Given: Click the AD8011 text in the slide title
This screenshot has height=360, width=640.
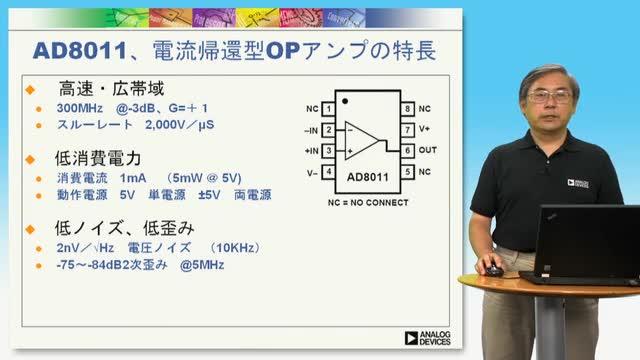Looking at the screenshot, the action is [x=80, y=51].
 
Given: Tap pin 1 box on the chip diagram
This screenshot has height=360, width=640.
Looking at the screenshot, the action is [x=329, y=109].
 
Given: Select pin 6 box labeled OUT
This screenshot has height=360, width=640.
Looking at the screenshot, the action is [x=407, y=151].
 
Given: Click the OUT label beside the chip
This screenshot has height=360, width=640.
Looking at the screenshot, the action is [x=428, y=150].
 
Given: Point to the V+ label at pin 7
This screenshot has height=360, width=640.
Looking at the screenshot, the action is [x=424, y=129].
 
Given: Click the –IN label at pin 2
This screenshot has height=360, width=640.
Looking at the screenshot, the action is [x=311, y=131].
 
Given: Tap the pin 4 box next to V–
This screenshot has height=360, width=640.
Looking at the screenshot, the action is [x=329, y=172].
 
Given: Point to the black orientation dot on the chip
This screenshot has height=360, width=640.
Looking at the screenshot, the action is [x=345, y=101].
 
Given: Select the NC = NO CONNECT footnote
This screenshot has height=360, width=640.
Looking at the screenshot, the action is [x=368, y=202].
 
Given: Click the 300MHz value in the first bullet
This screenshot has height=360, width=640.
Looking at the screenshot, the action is [x=80, y=108].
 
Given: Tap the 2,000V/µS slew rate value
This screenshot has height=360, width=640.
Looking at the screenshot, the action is [x=180, y=125].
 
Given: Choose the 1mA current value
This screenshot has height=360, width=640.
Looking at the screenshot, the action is [x=133, y=178].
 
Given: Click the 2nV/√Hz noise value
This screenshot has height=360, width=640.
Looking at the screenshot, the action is [x=85, y=248].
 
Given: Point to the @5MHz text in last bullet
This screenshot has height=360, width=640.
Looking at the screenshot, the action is [x=202, y=265].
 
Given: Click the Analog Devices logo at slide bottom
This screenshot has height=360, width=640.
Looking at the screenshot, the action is [x=427, y=338].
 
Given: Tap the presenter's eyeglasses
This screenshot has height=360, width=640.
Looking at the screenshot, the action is [x=549, y=97].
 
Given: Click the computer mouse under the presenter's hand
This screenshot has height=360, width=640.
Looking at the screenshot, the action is [x=494, y=270].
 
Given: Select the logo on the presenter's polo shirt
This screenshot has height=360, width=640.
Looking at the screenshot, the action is [x=578, y=183].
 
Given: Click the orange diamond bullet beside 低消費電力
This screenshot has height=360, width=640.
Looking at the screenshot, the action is [x=30, y=159].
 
